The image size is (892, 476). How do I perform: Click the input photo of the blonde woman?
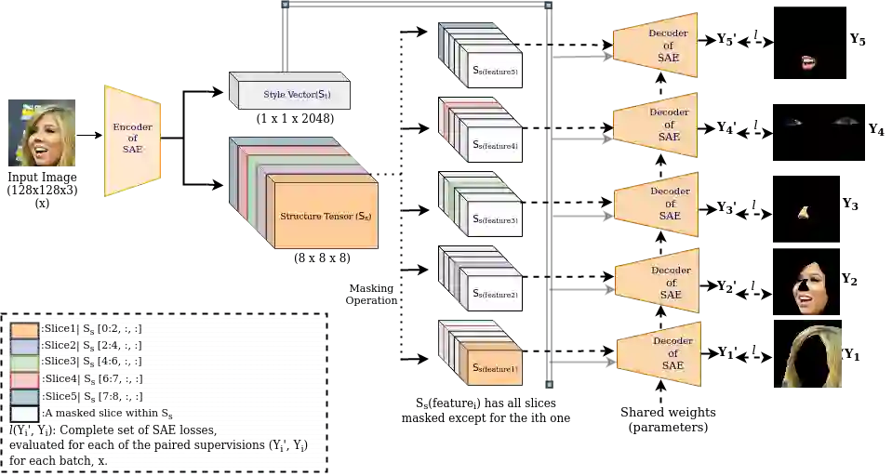tap(45, 134)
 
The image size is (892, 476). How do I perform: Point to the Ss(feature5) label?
tap(495, 73)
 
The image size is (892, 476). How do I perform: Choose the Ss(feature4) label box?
tap(495, 146)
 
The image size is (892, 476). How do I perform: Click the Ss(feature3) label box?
tap(495, 220)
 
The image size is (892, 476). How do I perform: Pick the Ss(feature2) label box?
tap(495, 295)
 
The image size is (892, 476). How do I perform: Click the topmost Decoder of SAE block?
tap(657, 46)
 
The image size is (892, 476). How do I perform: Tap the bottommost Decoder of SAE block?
tap(660, 353)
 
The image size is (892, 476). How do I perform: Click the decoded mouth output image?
tap(809, 62)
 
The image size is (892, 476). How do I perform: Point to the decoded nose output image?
tap(803, 213)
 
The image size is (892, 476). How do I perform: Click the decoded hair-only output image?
tap(814, 361)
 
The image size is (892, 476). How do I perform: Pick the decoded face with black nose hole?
tap(811, 286)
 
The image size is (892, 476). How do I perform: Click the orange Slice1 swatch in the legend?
tap(25, 329)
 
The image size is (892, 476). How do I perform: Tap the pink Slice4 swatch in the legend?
tap(25, 379)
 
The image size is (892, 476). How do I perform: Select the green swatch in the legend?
tap(25, 363)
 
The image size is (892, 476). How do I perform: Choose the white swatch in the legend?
tap(25, 413)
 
